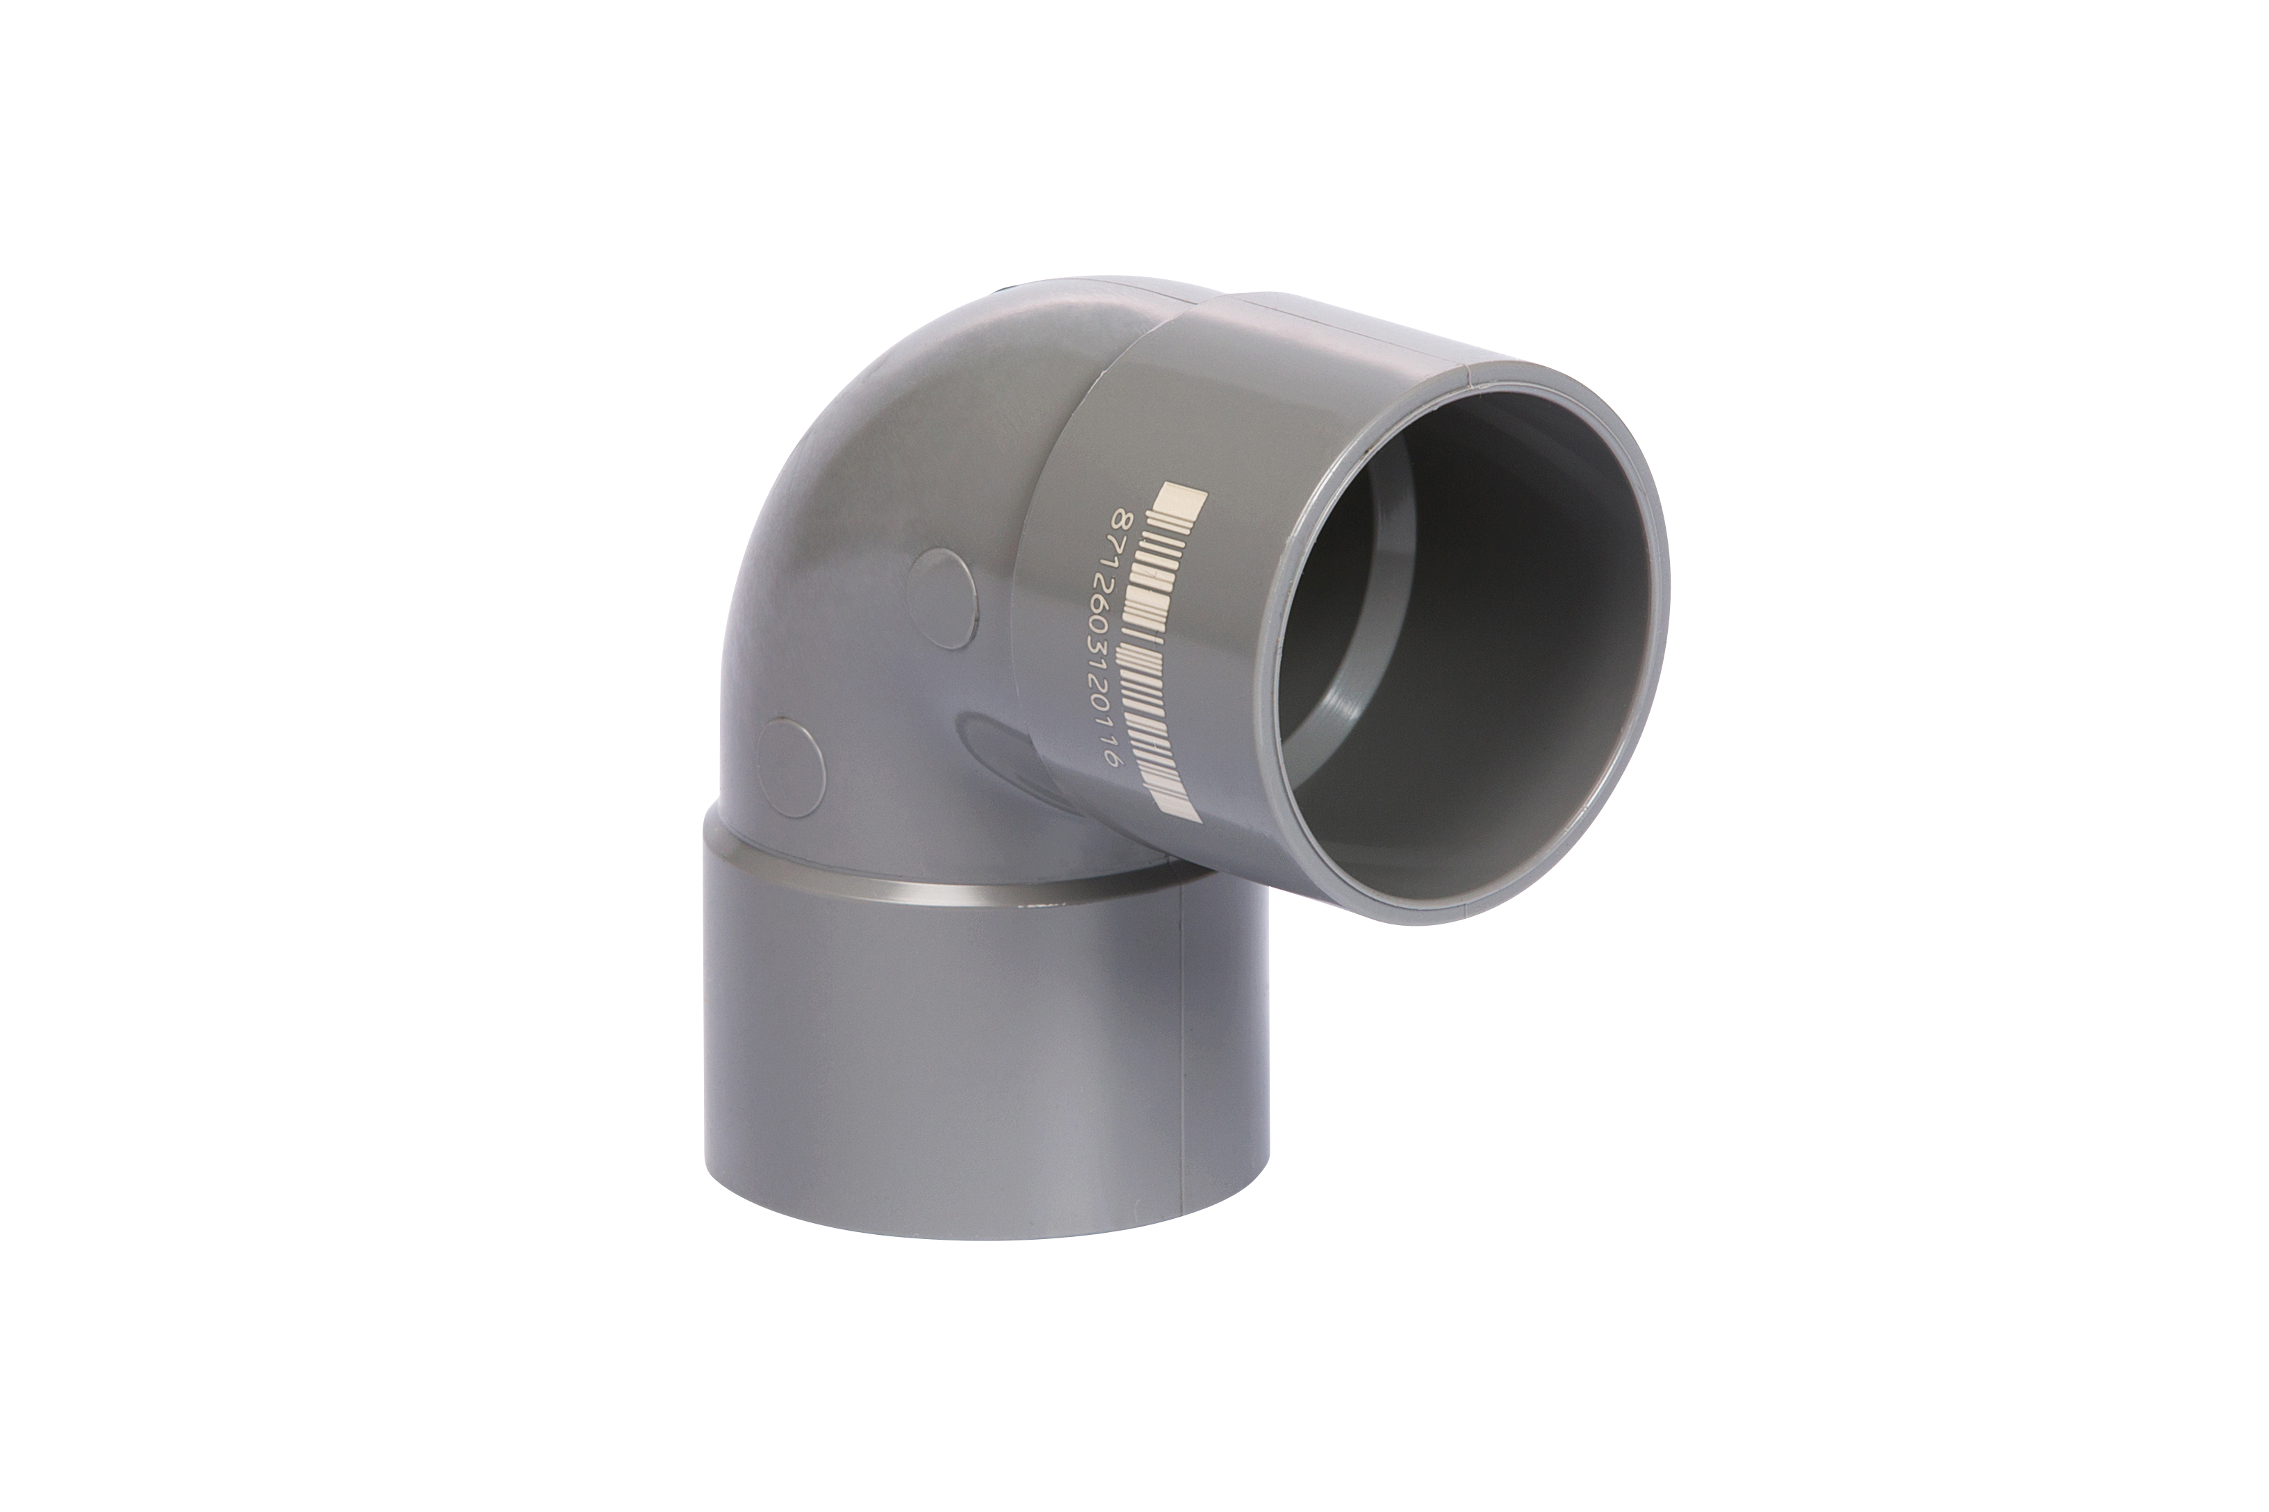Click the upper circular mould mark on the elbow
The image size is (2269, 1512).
(x=947, y=599)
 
